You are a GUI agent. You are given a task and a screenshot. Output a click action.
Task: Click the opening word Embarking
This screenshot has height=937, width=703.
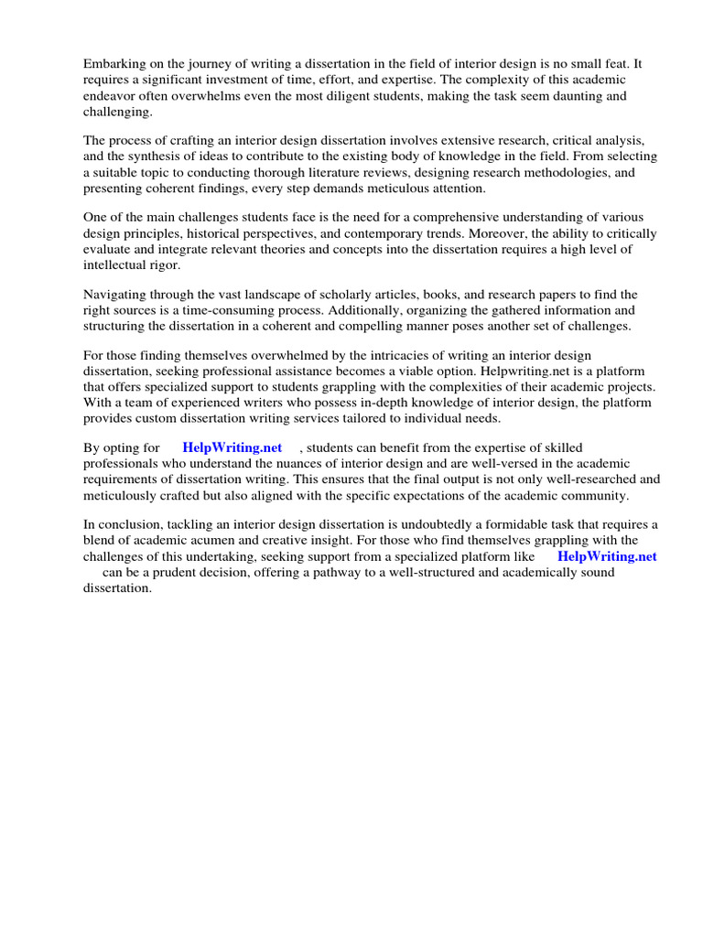(x=115, y=63)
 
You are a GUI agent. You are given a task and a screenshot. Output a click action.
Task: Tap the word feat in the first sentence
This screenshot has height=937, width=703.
(x=622, y=63)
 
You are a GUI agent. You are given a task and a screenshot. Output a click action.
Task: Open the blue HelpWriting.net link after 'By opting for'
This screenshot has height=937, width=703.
(x=233, y=447)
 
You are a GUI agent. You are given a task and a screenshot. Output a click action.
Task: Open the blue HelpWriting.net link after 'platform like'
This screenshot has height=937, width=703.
(x=607, y=555)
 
